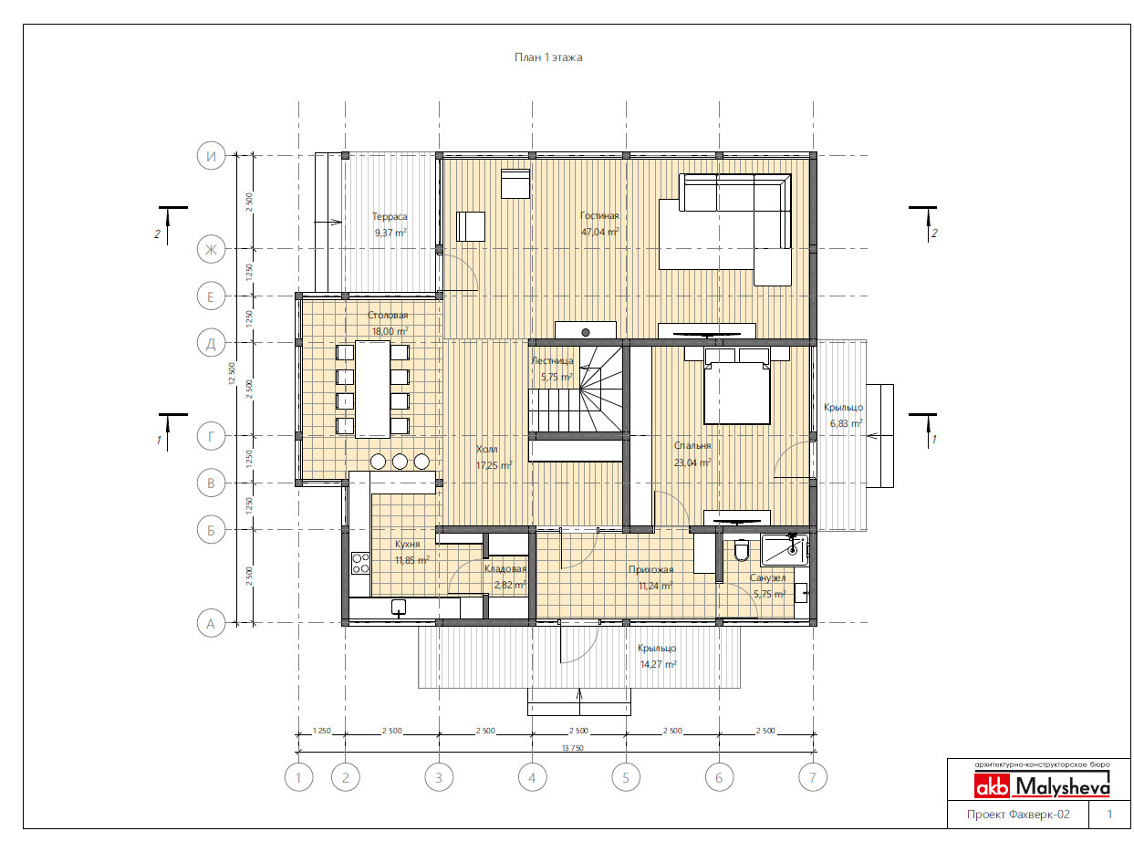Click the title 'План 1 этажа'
(x=547, y=57)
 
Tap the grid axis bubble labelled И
(x=211, y=156)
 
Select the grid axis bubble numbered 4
(x=532, y=777)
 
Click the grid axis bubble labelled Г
(x=211, y=436)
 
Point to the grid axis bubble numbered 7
(x=813, y=777)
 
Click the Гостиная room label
(x=599, y=216)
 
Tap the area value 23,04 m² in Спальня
(x=692, y=462)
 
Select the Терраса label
(x=390, y=217)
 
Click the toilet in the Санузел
(x=741, y=550)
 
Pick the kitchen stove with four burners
(x=360, y=564)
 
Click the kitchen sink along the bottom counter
(x=399, y=608)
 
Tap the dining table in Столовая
(x=372, y=389)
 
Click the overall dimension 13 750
(x=572, y=748)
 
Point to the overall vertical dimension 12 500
(x=232, y=373)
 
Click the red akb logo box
(x=992, y=787)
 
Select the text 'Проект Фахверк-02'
(x=1018, y=815)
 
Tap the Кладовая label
(x=505, y=569)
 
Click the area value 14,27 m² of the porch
(x=658, y=665)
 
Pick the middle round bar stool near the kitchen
(x=400, y=462)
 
